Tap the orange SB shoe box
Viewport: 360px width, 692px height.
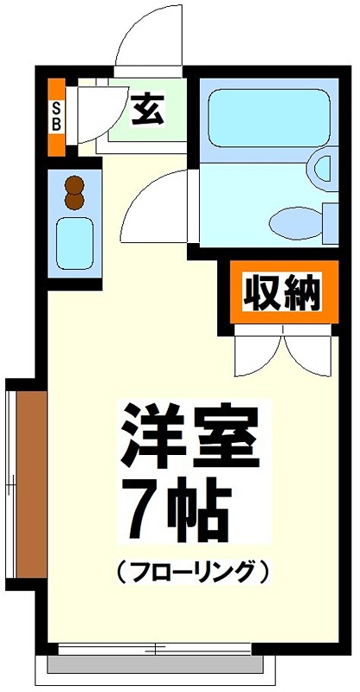click(x=56, y=117)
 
